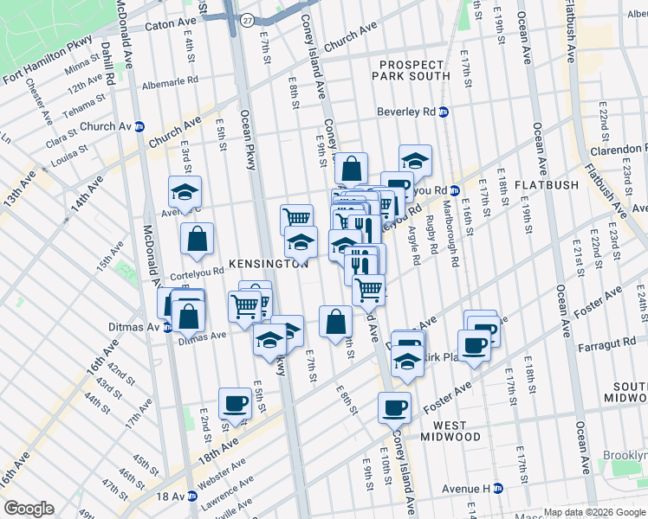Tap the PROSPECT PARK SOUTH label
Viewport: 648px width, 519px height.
pos(411,69)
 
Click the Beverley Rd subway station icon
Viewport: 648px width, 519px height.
pos(444,112)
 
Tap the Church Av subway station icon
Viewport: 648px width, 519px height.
pos(139,126)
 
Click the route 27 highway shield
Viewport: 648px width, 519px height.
pos(247,20)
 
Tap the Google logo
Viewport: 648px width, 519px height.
pos(29,509)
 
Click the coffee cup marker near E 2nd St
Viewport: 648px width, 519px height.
pos(235,402)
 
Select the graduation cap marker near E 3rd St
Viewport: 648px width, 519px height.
pos(185,190)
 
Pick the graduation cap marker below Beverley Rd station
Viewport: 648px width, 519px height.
pos(415,160)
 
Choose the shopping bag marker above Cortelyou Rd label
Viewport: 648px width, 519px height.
pos(197,238)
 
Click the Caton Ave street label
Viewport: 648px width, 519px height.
pos(172,26)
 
